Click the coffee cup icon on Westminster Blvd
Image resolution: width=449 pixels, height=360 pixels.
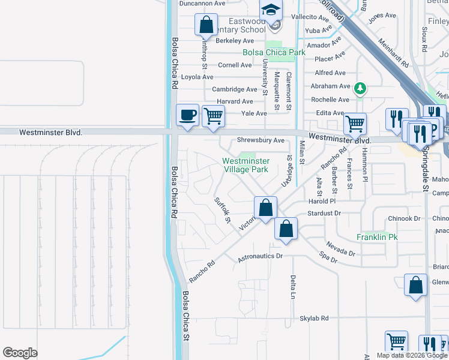(187, 115)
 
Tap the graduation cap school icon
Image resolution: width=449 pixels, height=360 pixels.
(271, 11)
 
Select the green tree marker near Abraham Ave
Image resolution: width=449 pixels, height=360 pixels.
(360, 89)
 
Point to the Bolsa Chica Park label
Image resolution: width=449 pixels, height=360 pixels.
(274, 52)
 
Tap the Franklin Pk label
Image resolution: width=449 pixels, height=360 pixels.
(377, 237)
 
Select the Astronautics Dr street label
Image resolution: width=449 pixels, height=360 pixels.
(260, 256)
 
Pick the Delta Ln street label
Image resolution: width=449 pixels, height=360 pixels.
(293, 288)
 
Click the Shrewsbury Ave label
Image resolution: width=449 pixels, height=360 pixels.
(261, 140)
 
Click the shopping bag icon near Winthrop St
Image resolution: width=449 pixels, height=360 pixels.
(206, 25)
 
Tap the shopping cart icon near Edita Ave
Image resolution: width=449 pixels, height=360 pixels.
(355, 124)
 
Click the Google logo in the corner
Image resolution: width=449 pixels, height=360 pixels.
(20, 353)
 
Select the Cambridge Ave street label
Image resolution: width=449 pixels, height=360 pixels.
(235, 89)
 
